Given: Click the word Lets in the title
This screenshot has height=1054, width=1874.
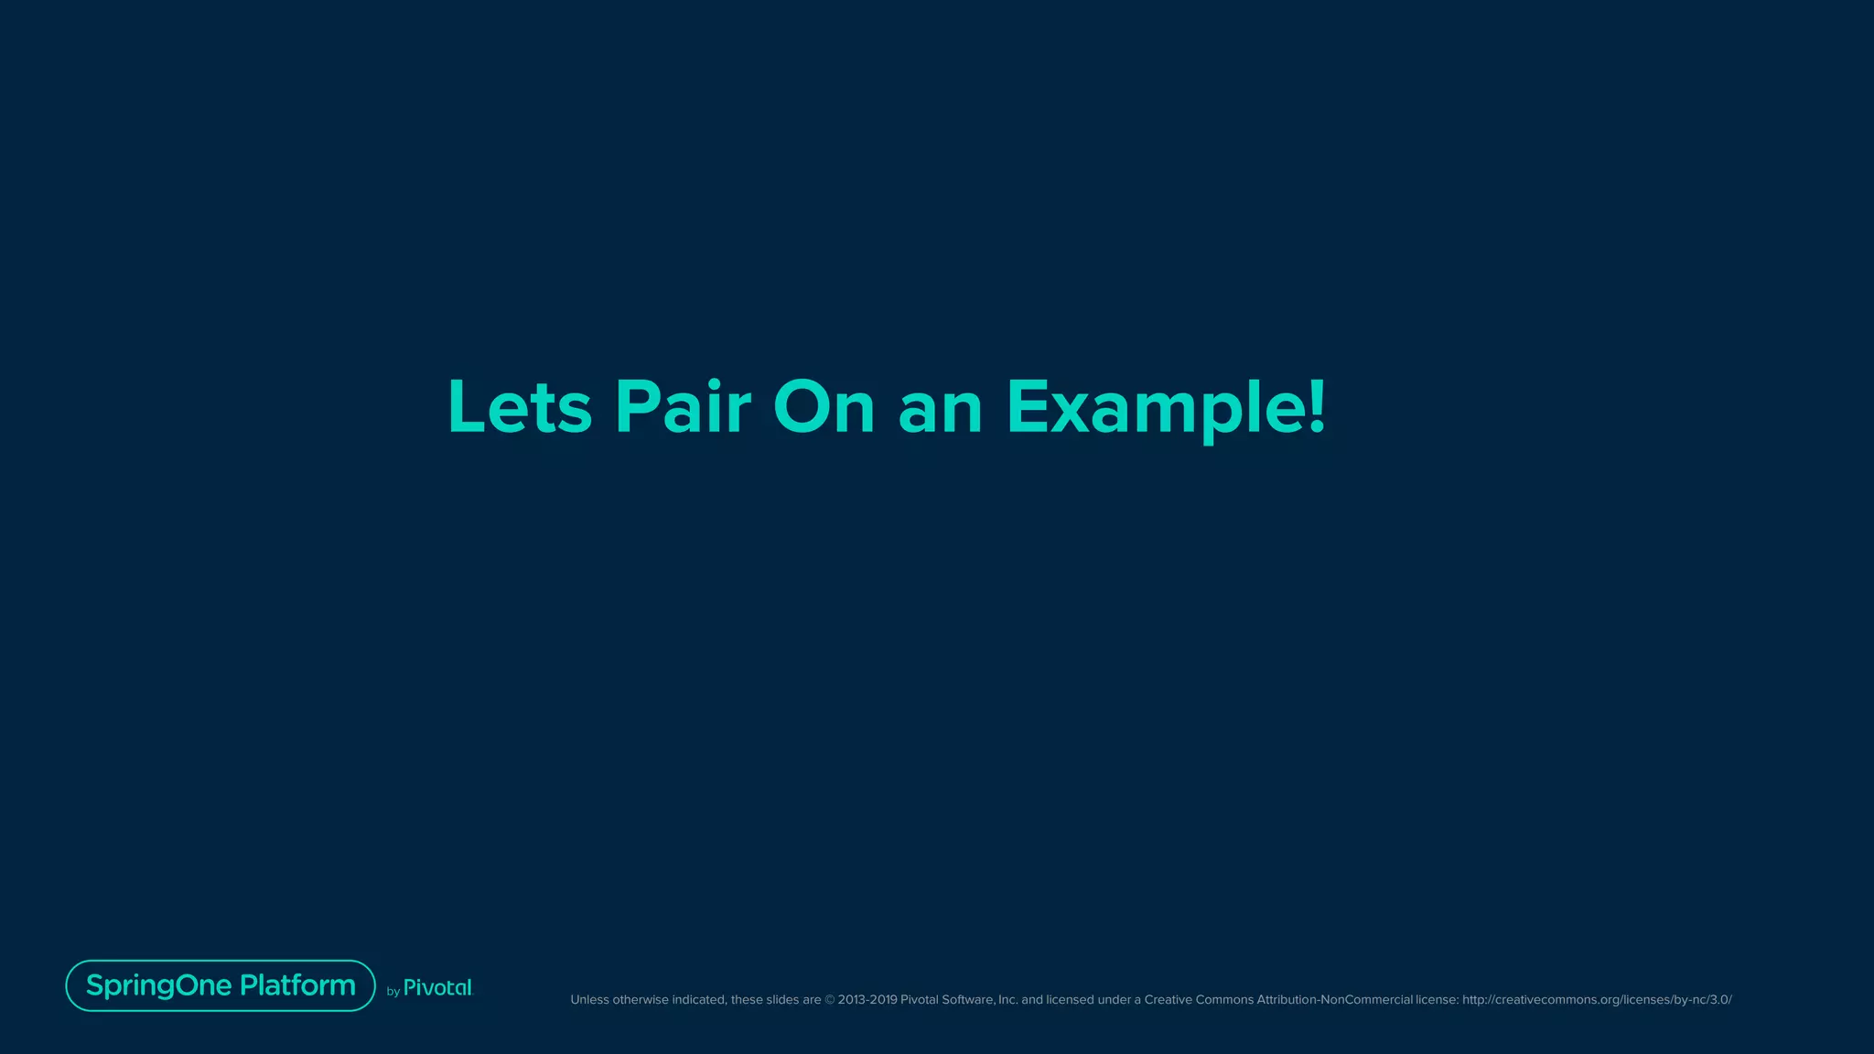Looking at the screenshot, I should click(x=520, y=406).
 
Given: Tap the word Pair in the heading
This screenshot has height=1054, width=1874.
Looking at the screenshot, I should click(x=683, y=406).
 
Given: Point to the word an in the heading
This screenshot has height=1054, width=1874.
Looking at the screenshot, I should click(x=940, y=408).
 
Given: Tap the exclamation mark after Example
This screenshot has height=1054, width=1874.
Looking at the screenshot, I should click(x=1317, y=406).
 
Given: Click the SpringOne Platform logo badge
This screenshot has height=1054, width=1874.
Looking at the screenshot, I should click(x=221, y=985).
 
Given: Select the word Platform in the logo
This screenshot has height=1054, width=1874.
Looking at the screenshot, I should click(x=297, y=985).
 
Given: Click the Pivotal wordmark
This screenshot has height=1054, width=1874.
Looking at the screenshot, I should click(x=437, y=987).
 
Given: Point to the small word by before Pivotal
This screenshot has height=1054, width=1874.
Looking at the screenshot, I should click(x=393, y=992).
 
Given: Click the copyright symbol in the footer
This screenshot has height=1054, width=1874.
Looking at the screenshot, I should click(x=830, y=1000).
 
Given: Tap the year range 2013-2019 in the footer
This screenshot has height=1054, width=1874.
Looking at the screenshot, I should click(x=867, y=1000).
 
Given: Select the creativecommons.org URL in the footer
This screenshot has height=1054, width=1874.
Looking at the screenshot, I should click(x=1597, y=1000).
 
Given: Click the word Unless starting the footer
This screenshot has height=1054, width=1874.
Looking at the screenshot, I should click(x=589, y=1000).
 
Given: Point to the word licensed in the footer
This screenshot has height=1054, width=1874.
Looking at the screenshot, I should click(x=1070, y=1000).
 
